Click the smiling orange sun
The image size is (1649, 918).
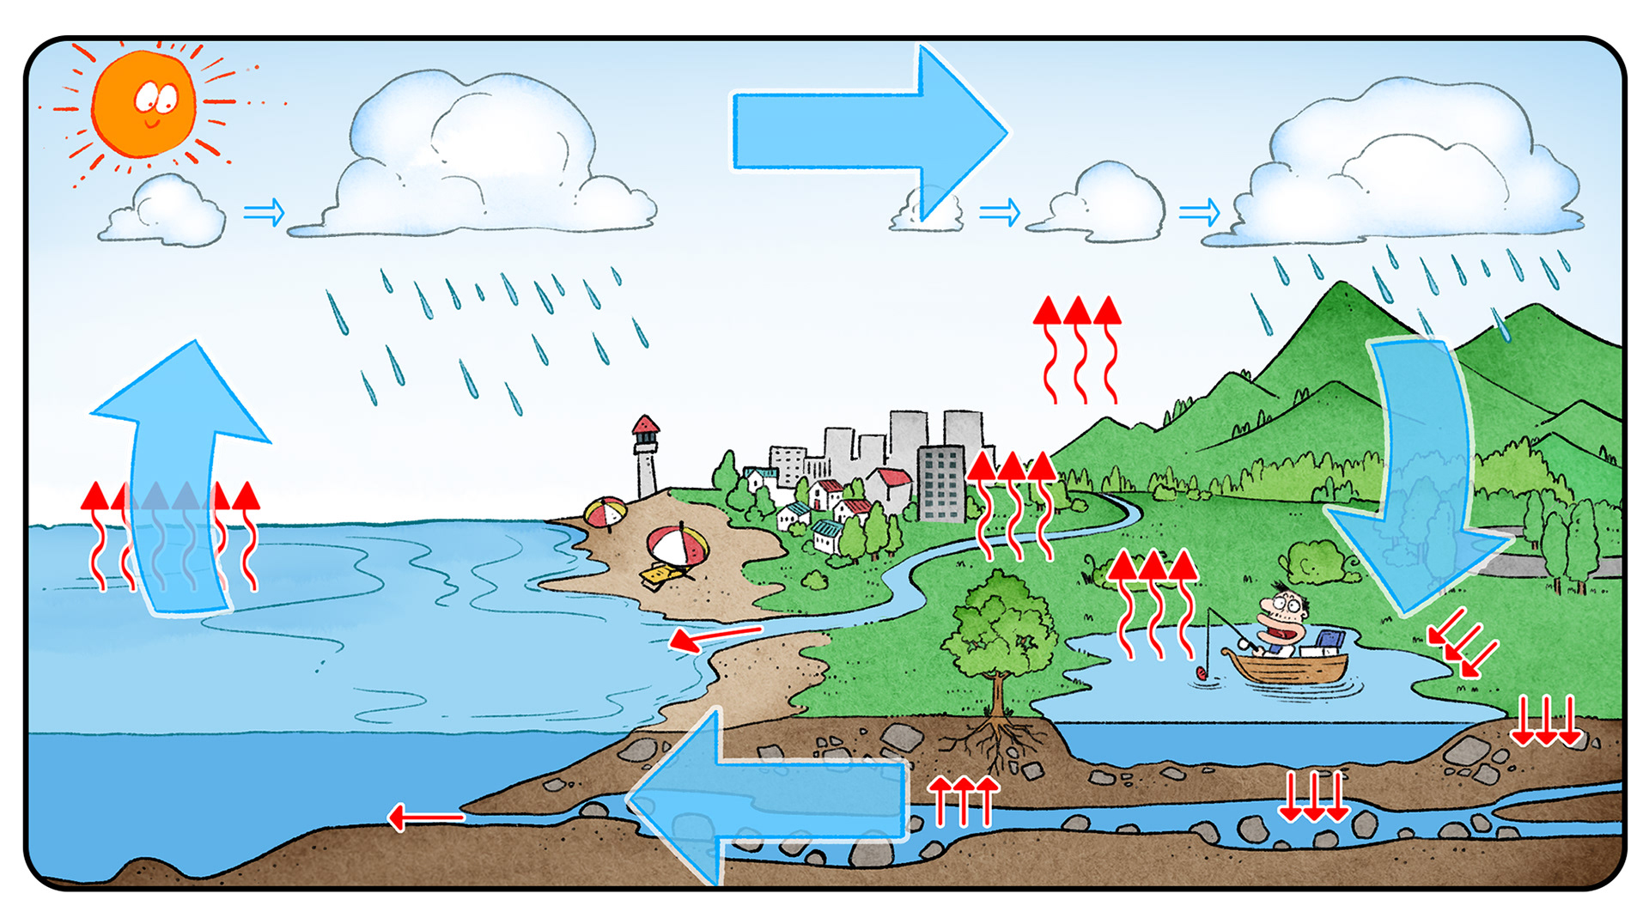point(144,103)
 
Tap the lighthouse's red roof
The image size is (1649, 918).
point(645,425)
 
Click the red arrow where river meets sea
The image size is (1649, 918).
point(713,637)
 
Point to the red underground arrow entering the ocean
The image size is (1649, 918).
point(425,817)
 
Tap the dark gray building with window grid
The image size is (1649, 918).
point(942,483)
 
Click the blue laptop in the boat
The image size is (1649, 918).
point(1330,641)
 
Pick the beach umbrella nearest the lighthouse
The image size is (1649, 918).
point(605,513)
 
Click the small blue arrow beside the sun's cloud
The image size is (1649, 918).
point(264,211)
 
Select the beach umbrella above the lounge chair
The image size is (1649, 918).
point(677,544)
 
